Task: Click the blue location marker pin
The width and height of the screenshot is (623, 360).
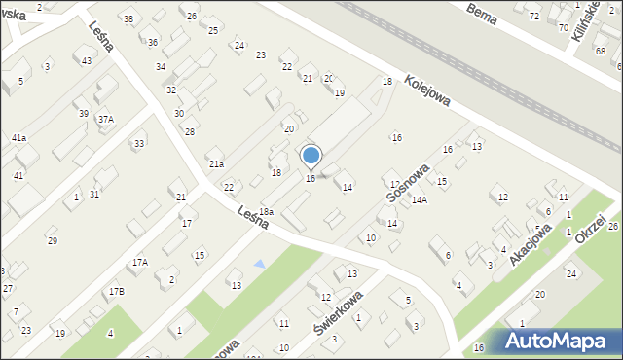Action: pyautogui.click(x=311, y=156)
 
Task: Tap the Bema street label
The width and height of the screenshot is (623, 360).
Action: pyautogui.click(x=482, y=13)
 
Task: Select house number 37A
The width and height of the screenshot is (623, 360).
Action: pyautogui.click(x=105, y=119)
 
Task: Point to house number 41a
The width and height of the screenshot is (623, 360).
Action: pyautogui.click(x=18, y=138)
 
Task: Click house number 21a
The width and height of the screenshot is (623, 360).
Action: pyautogui.click(x=215, y=164)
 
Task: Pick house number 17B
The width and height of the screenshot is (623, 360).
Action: pyautogui.click(x=116, y=291)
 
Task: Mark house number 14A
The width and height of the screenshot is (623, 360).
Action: pyautogui.click(x=419, y=199)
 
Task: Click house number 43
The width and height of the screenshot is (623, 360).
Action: pyautogui.click(x=87, y=61)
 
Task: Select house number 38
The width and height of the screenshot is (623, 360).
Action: pyautogui.click(x=128, y=19)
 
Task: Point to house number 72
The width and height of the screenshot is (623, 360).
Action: pyautogui.click(x=533, y=17)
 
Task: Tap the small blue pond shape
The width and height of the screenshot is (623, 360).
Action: pyautogui.click(x=258, y=264)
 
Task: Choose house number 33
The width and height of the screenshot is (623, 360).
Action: pyautogui.click(x=139, y=143)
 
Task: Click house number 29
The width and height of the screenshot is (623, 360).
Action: pyautogui.click(x=52, y=240)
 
